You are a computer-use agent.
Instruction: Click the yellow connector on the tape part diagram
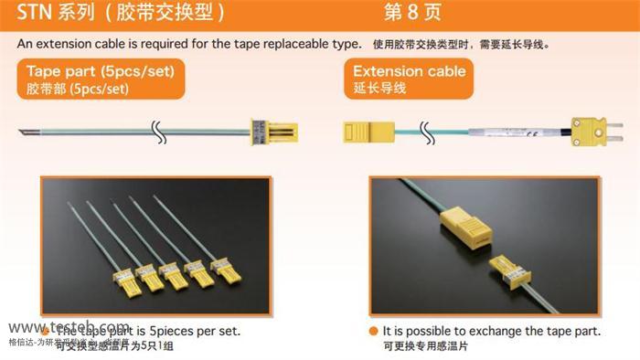263,132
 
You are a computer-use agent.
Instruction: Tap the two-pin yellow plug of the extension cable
583,131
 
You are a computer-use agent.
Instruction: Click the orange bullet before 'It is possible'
372,331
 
